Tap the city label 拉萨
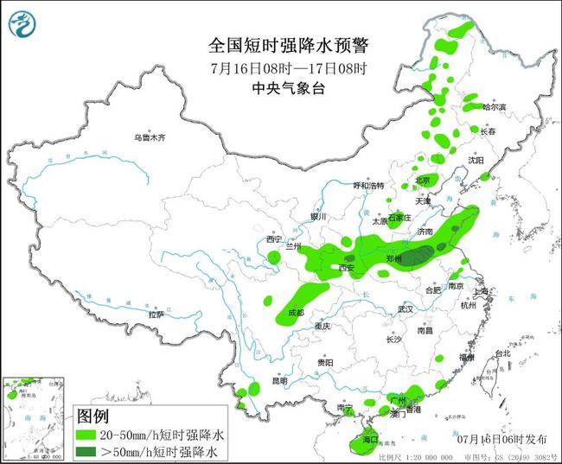(155, 315)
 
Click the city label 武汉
(406, 308)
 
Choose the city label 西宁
(274, 238)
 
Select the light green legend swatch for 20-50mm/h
(87, 434)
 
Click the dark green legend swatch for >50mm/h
(87, 451)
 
